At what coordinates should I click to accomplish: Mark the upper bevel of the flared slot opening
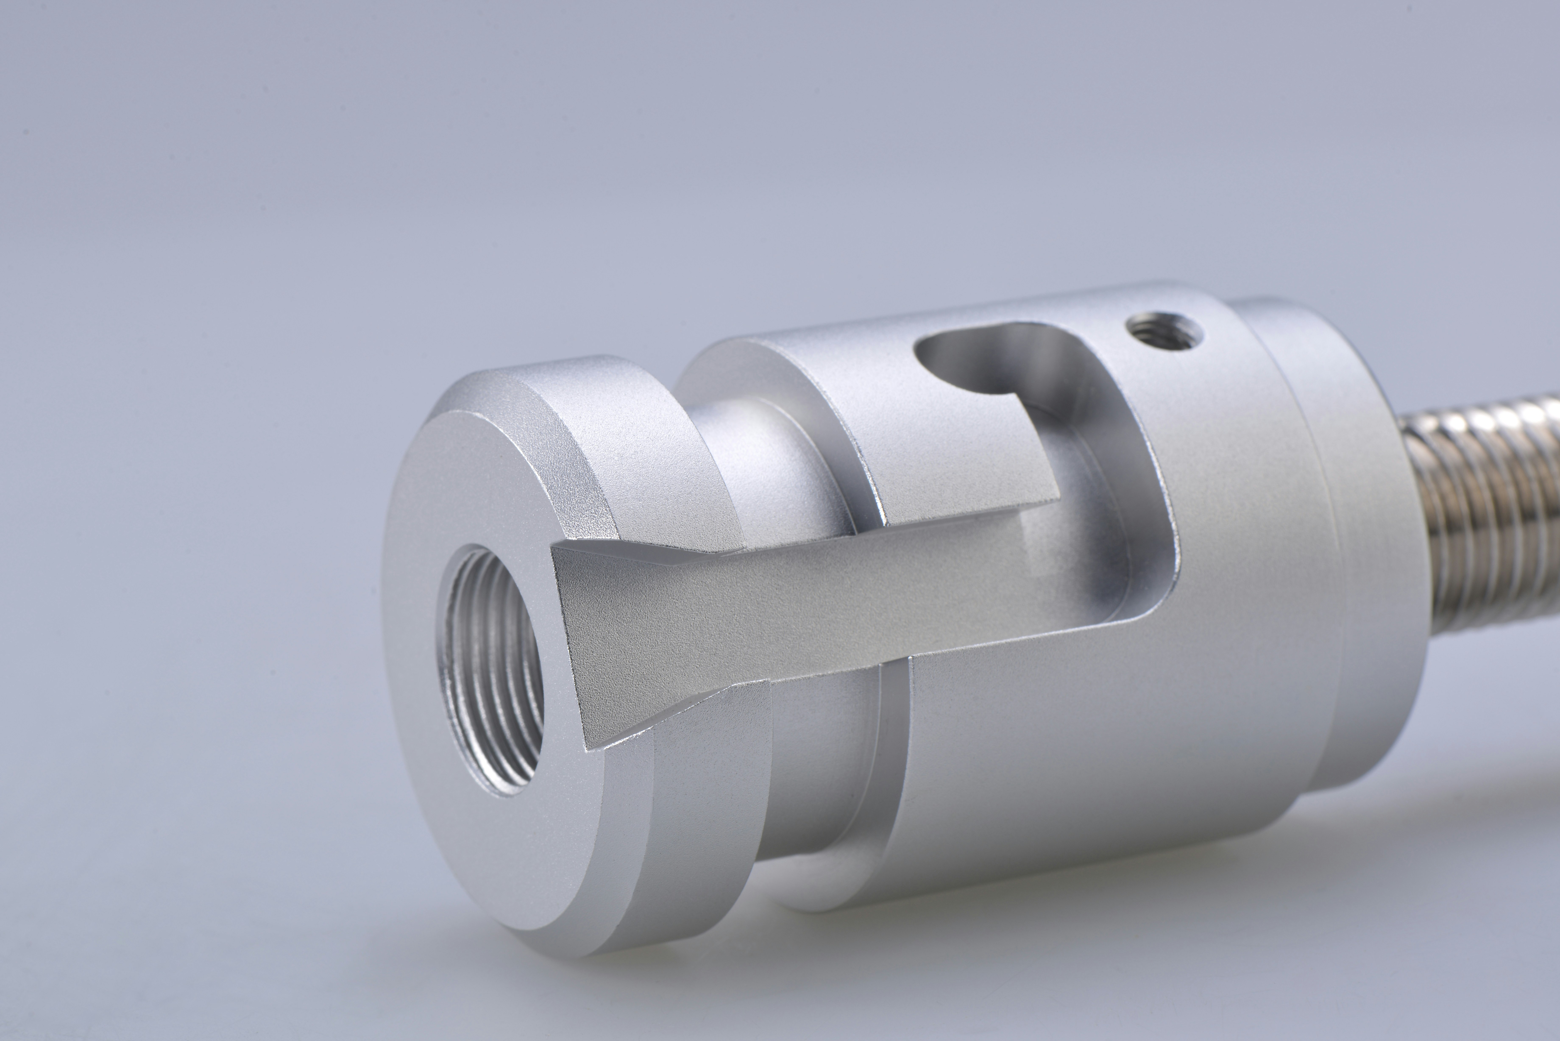637,544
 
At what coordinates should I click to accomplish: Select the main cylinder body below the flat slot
1095,764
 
